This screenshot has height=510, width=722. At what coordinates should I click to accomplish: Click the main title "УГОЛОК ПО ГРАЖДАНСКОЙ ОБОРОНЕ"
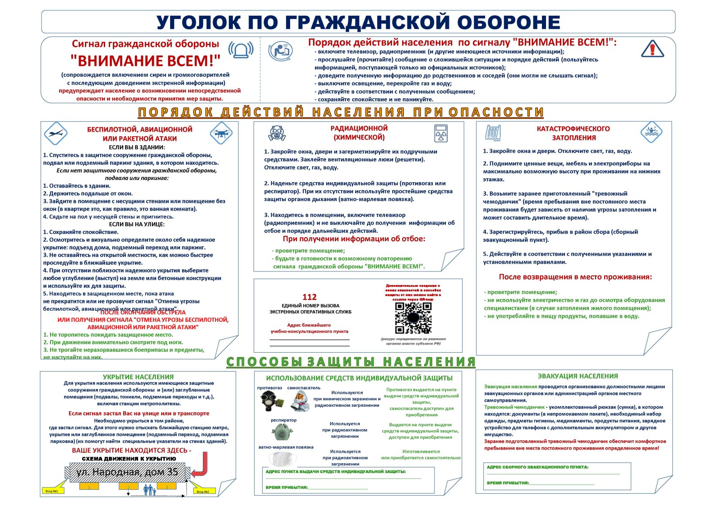[x=358, y=22]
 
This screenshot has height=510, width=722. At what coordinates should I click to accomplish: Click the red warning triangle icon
[x=652, y=49]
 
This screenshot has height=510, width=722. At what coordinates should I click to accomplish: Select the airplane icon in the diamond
[x=56, y=133]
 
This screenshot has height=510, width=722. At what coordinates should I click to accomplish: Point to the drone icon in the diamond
[x=221, y=133]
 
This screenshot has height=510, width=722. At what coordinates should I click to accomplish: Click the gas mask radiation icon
[x=277, y=133]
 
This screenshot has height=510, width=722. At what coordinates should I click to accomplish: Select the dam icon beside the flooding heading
[x=492, y=133]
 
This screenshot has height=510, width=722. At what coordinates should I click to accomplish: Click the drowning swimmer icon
[x=651, y=133]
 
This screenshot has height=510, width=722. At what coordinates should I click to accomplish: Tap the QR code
[x=413, y=317]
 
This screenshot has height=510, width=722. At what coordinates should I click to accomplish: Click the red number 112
[x=310, y=297]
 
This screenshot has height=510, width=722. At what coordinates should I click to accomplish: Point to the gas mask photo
[x=270, y=400]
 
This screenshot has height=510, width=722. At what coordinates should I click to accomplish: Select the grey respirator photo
[x=282, y=432]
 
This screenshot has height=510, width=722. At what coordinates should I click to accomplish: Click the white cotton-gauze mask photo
[x=283, y=459]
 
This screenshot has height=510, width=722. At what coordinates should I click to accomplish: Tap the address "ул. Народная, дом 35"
[x=127, y=472]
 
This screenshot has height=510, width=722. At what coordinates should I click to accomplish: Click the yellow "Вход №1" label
[x=51, y=491]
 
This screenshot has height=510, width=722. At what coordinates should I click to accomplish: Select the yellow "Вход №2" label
[x=203, y=491]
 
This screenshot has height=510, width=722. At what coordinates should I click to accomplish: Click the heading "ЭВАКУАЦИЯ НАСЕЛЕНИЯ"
[x=578, y=376]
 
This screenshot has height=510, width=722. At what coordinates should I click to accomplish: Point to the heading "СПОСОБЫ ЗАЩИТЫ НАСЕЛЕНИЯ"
[x=351, y=362]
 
